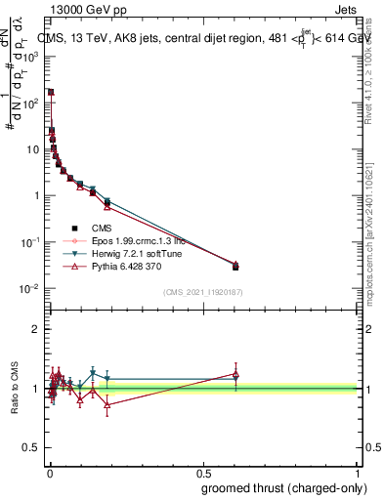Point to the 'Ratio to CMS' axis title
tap(15, 389)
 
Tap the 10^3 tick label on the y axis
tap(31, 57)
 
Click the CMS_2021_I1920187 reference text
tap(202, 291)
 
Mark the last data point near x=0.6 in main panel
tap(235, 266)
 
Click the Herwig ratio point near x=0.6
tap(235, 378)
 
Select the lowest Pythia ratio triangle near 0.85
tap(107, 404)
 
